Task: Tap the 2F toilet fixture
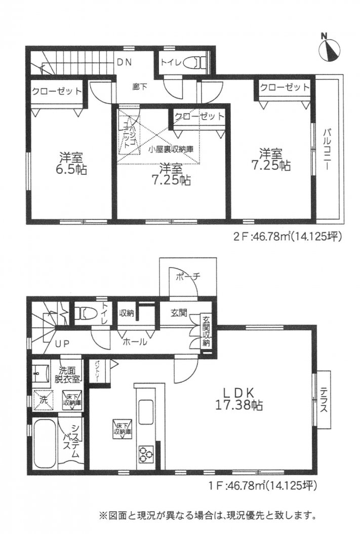pyautogui.click(x=194, y=63)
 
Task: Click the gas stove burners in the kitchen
pyautogui.click(x=145, y=452)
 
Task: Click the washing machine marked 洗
pyautogui.click(x=42, y=398)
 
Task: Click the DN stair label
pyautogui.click(x=124, y=63)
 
